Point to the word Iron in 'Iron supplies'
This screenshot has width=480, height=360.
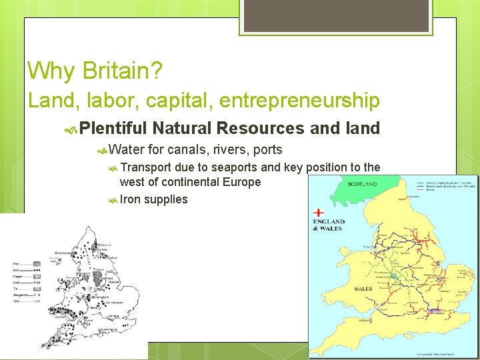click(131, 199)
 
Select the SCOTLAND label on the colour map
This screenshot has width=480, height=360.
click(362, 184)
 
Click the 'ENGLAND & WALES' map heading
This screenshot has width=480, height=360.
click(329, 225)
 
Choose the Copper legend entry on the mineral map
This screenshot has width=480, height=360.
click(18, 277)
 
